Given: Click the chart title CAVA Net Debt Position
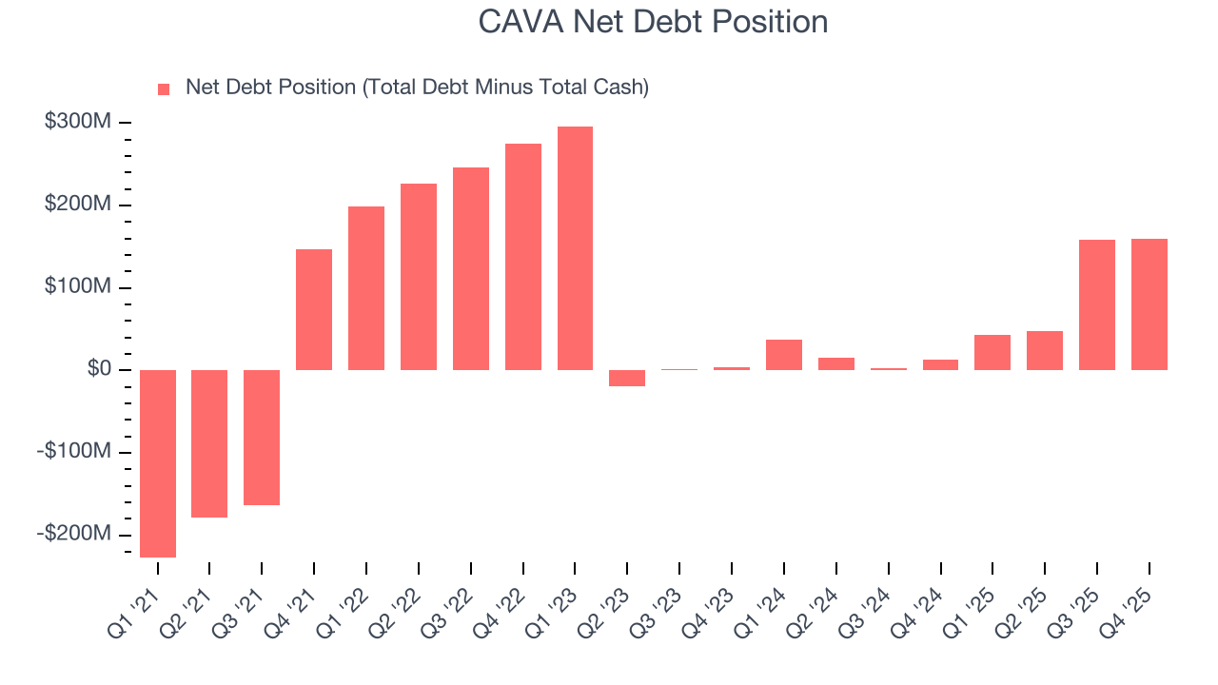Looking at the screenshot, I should (653, 22).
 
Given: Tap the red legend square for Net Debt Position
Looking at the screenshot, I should (164, 88).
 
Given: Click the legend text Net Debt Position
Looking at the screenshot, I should (417, 88).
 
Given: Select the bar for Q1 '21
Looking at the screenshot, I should (158, 463).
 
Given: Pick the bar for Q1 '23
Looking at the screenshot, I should (575, 248).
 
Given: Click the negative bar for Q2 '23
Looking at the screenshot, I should (627, 378).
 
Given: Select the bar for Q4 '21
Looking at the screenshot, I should (314, 309).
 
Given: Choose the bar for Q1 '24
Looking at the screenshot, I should (784, 355).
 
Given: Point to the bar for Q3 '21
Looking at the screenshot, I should (262, 438).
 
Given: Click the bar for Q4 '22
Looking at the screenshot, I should (523, 257).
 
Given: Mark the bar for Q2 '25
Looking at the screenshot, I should (1045, 350).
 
